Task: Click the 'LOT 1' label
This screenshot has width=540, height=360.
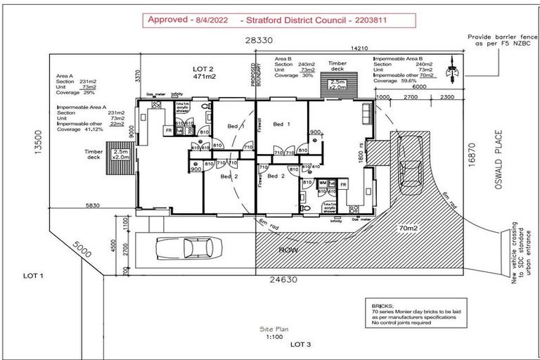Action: point(34,276)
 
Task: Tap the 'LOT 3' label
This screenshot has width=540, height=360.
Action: point(300,344)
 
